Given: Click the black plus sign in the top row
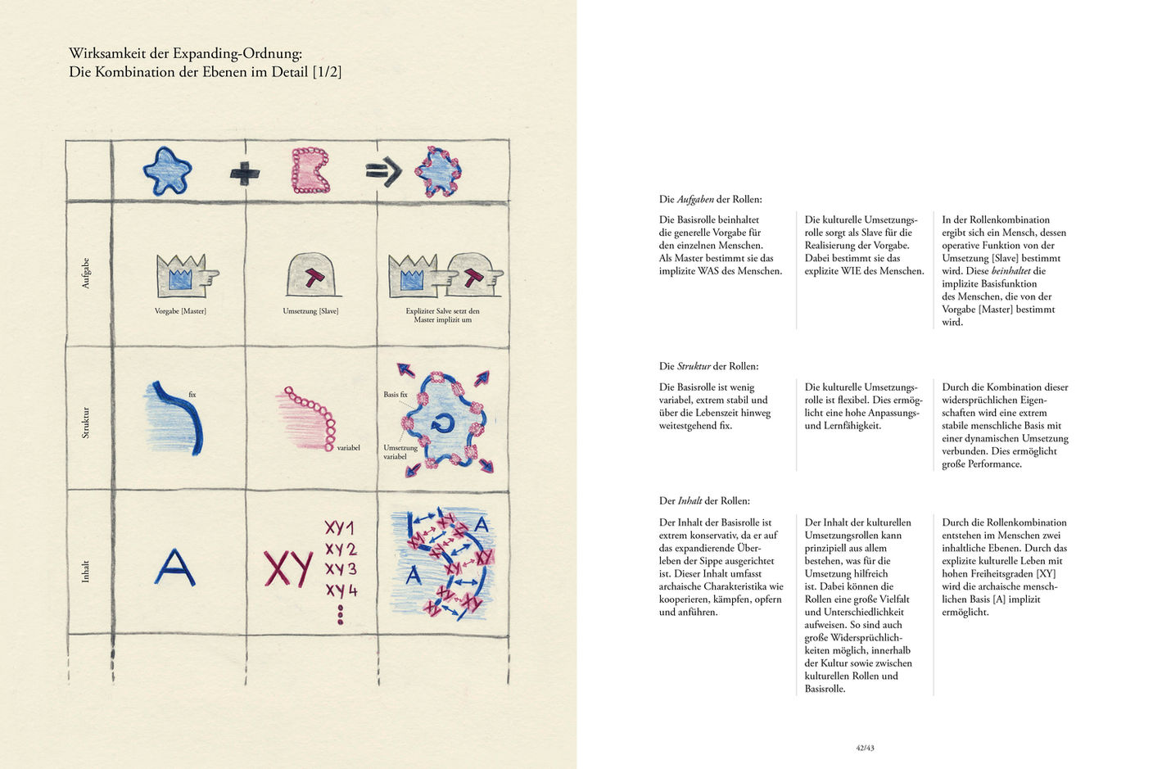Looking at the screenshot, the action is point(245,173).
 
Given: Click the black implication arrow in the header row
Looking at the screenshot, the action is point(383,171).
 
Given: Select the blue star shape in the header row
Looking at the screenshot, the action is point(167,171).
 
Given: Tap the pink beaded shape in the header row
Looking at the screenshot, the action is point(310,170).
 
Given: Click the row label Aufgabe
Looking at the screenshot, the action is point(85,274).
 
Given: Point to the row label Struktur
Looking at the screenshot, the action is point(85,423).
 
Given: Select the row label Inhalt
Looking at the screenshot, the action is point(85,572).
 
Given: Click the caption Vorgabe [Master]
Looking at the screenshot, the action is point(180,311).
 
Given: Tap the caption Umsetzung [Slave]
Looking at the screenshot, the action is point(310,311).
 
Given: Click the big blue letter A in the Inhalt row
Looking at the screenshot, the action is point(175,568).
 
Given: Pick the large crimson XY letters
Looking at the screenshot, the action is point(288,568).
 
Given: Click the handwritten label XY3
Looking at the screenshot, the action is point(341,569).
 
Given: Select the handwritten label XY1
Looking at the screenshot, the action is point(340,527).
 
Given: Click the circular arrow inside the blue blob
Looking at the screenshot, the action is point(443,423).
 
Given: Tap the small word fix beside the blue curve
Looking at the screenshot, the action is point(192,394).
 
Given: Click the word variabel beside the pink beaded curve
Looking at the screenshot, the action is point(349,448).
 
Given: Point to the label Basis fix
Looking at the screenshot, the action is point(396,394).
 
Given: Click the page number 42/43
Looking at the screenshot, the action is point(865,748).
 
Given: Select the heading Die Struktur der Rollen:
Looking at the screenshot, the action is point(709,367).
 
